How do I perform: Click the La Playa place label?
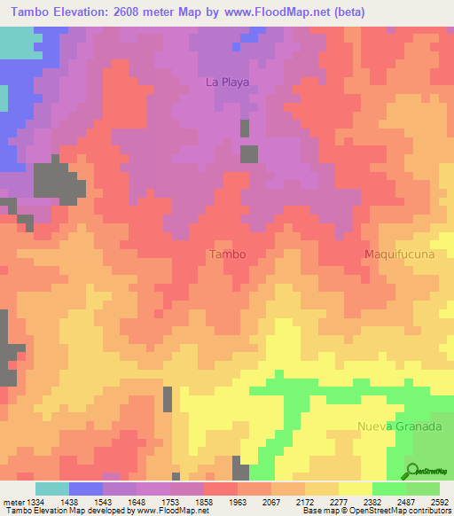(x=228, y=82)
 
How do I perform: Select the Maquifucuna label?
(x=396, y=254)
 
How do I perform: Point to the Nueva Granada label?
(x=399, y=426)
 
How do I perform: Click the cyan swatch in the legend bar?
(x=52, y=489)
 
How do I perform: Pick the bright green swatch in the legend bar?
(x=389, y=489)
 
